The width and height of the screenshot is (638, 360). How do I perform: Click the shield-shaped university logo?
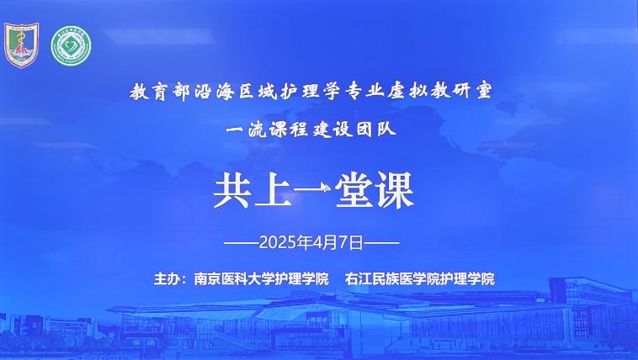[22, 45]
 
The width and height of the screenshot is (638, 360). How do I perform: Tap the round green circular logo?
[71, 45]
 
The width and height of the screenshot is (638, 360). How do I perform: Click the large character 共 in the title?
[232, 191]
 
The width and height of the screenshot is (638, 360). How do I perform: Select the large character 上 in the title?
[274, 191]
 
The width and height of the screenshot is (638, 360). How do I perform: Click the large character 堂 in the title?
[354, 191]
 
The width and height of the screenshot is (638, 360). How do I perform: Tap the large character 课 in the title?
[395, 191]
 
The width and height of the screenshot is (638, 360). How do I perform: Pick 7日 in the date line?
[350, 243]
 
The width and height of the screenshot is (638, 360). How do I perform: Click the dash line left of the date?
[242, 243]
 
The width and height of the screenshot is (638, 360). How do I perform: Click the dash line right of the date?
[381, 243]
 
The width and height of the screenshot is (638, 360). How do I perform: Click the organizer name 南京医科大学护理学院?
[261, 279]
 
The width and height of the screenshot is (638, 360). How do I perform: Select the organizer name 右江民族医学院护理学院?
[419, 279]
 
